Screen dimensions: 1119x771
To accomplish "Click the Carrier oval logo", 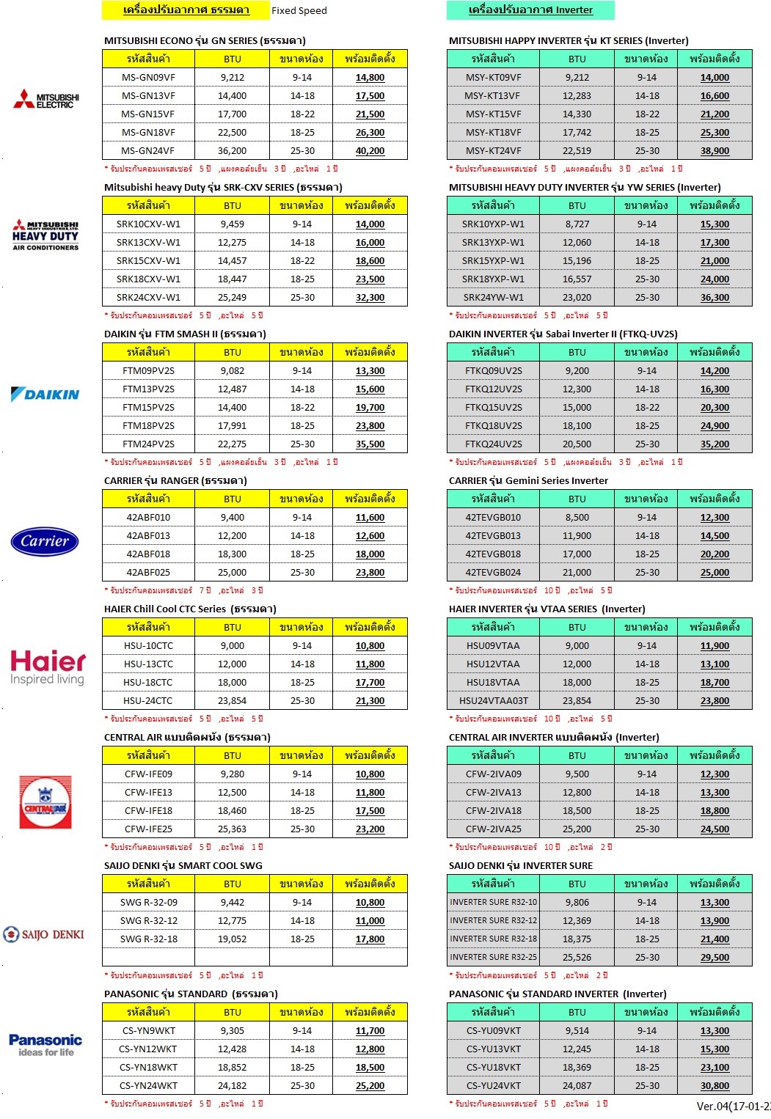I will point(45,542).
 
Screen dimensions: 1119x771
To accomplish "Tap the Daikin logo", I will point(45,395).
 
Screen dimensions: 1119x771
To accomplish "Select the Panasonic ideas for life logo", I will point(45,1044).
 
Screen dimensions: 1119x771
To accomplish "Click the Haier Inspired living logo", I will point(48,667).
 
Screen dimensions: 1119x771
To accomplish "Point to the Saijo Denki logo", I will point(44,934).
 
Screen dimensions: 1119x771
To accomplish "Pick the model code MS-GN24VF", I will point(148,151).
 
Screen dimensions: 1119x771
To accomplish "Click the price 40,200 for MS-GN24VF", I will point(370,151).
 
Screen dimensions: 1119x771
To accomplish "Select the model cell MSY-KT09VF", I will point(493,78).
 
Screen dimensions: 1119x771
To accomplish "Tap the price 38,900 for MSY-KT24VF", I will point(715,151).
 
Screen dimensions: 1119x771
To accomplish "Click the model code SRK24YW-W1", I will point(493,298).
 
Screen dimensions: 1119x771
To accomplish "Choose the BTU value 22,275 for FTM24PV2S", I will point(232,444).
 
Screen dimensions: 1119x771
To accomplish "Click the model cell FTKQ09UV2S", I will point(493,371).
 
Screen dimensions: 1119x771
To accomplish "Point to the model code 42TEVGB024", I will point(493,573).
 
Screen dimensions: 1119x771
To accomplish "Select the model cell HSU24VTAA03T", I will point(493,701).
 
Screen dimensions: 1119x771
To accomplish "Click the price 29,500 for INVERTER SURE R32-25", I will point(715,958).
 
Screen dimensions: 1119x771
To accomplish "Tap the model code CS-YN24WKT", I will point(148,1086).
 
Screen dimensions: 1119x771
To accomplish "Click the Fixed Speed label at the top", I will point(299,11).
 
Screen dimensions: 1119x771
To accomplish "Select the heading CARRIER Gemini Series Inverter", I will point(528,481).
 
